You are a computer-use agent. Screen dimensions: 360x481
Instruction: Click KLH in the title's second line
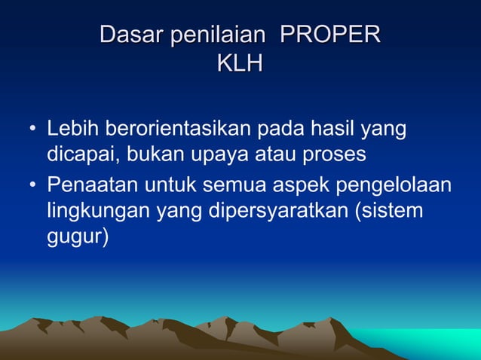240,65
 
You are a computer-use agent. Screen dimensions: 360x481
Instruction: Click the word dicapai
82,155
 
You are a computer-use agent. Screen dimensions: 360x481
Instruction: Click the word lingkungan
98,211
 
